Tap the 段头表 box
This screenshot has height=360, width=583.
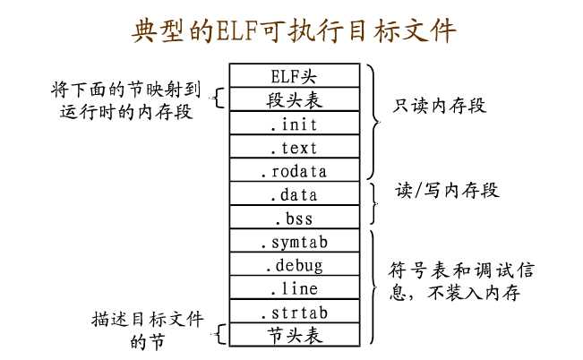(295, 98)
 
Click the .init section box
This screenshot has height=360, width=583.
(295, 124)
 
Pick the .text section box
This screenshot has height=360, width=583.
(295, 147)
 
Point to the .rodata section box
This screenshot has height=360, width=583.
(295, 170)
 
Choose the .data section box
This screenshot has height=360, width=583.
(295, 193)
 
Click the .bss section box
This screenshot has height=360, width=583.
(295, 217)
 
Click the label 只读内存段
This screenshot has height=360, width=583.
(440, 106)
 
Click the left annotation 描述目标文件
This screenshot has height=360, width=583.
(147, 319)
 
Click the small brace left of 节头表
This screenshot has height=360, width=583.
(218, 336)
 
